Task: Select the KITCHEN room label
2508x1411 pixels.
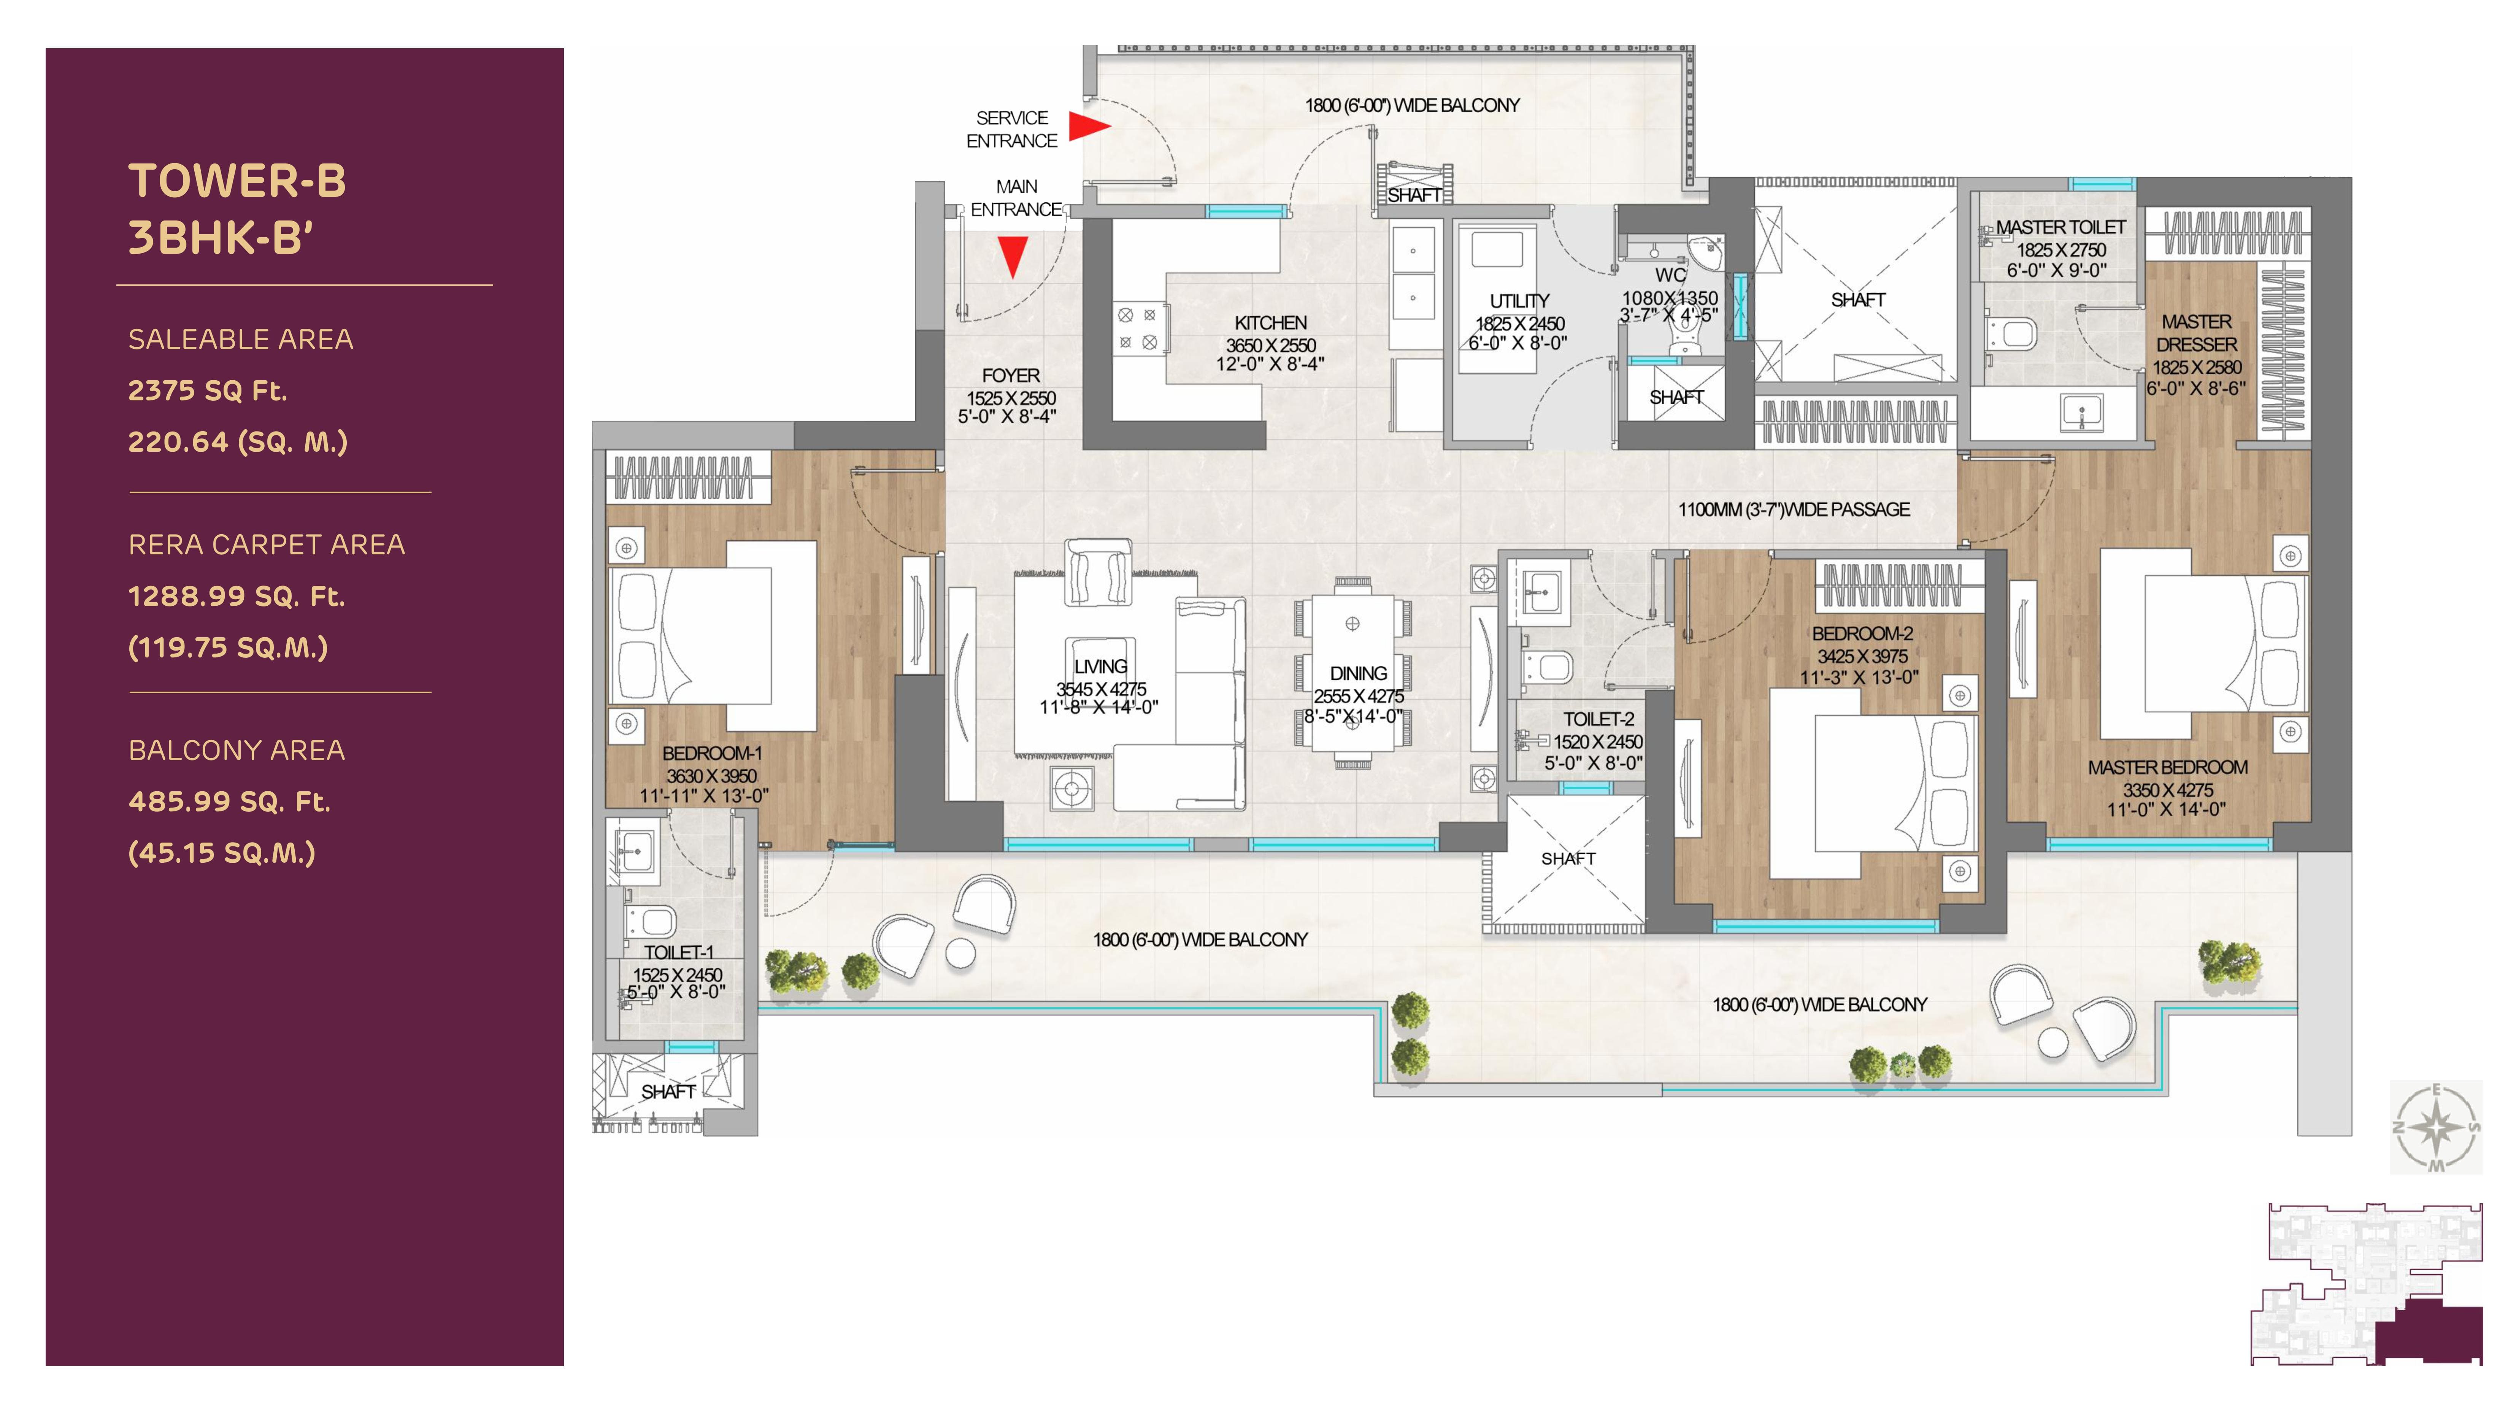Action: tap(1271, 322)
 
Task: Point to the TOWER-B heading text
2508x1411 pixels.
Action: tap(238, 181)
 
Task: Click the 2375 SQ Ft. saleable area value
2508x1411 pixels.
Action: tap(207, 390)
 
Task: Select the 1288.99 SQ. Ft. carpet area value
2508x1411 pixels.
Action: tap(237, 596)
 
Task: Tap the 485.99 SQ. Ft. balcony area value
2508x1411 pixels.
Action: tap(230, 802)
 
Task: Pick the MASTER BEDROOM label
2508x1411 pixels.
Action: tap(2167, 767)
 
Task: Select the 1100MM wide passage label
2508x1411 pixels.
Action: tap(1794, 509)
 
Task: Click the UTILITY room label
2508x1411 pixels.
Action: tap(1519, 301)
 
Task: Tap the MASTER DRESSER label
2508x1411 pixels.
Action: tap(2197, 333)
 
